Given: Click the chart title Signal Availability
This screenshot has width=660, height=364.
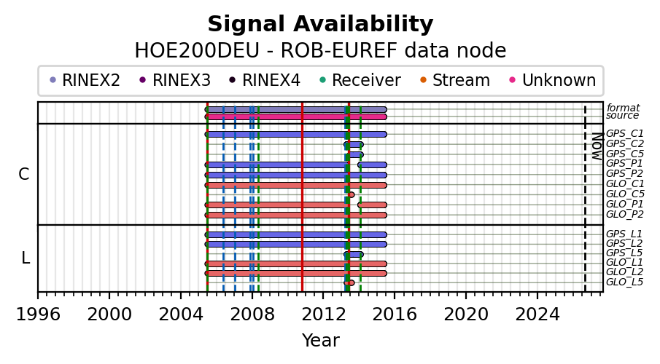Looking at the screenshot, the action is [320, 24].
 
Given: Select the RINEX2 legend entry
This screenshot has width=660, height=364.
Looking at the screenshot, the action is [85, 80].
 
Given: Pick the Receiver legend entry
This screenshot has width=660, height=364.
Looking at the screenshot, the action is [360, 80].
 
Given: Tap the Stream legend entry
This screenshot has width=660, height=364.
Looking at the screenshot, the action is [455, 80].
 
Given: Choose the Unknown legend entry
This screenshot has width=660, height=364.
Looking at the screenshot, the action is [553, 80].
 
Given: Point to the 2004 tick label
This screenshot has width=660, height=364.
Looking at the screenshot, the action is [181, 314].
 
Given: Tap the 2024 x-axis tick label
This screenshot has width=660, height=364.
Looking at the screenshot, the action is [537, 314].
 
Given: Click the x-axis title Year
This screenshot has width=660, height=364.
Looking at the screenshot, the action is [320, 341].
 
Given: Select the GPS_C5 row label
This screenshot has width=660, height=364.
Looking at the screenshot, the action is [625, 154].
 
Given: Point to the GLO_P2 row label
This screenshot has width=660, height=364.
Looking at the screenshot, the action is [625, 214].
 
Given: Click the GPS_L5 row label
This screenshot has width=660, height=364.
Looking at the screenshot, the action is [624, 253].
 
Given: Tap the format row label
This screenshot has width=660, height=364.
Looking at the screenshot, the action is [623, 108].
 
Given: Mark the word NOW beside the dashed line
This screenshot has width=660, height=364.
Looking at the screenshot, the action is [597, 146].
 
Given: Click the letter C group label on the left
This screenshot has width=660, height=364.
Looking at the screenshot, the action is [24, 174].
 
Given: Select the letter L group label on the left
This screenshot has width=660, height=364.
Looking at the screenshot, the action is [26, 258].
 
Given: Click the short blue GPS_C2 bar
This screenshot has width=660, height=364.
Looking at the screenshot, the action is [354, 145].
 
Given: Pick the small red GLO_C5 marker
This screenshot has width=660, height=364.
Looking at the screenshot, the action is [351, 194].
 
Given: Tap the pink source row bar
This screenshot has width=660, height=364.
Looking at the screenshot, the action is [296, 117].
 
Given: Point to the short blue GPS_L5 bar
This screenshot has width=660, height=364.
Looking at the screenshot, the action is [354, 255].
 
